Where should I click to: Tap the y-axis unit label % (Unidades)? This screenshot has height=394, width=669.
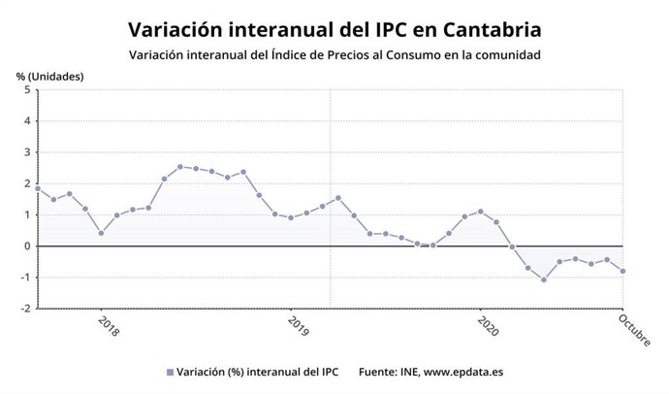point(49,76)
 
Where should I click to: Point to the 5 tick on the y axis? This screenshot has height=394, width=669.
point(27,90)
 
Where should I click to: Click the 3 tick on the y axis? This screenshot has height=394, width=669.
point(27,152)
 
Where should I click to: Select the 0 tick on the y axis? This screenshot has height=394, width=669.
point(27,246)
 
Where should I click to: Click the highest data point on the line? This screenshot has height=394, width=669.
point(180,167)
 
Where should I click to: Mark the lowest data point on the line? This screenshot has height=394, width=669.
point(544,279)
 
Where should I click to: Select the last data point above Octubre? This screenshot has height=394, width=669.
point(622,271)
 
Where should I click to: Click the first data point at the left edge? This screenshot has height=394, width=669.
point(38,188)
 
